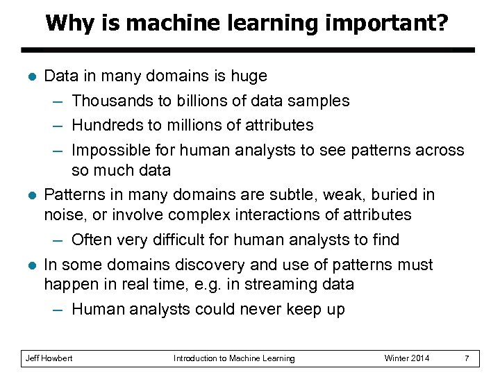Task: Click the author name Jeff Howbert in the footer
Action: tap(49, 358)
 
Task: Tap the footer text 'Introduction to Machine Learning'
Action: tap(234, 358)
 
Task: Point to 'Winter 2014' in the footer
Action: tap(407, 358)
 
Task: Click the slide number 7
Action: tap(467, 358)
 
